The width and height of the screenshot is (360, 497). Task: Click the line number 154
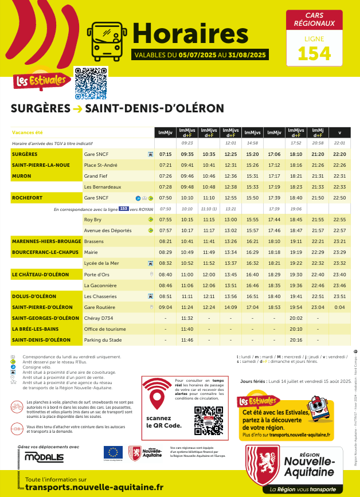click(x=314, y=53)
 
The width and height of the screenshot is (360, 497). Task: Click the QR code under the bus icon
click(x=92, y=83)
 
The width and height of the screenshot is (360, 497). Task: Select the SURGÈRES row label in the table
click(x=25, y=154)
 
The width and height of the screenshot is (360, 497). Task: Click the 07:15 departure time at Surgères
click(x=166, y=154)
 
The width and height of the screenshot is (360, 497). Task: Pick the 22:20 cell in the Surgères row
click(x=339, y=154)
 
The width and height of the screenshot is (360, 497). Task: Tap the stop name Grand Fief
click(x=95, y=176)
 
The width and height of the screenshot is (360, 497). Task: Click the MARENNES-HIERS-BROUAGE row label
click(x=46, y=241)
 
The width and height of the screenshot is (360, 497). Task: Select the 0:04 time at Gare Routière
click(x=339, y=307)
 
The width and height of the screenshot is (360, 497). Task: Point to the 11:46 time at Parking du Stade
click(x=187, y=340)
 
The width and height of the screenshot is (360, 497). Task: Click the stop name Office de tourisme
click(x=103, y=329)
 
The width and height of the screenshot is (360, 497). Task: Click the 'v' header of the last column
click(x=339, y=132)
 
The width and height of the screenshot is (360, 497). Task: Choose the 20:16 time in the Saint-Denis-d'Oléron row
click(x=296, y=340)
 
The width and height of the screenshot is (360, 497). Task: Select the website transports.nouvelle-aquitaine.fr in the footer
click(x=95, y=487)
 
